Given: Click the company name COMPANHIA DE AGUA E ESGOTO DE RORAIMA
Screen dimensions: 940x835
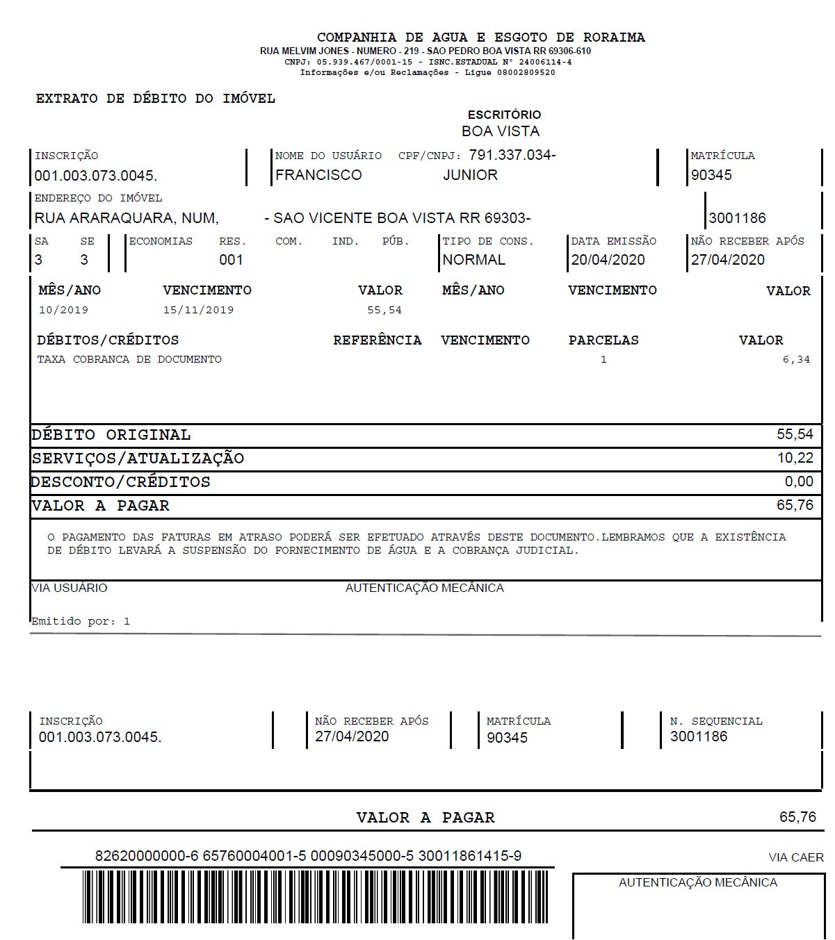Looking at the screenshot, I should click(480, 38).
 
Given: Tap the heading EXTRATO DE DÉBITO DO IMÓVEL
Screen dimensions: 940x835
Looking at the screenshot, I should click(156, 99).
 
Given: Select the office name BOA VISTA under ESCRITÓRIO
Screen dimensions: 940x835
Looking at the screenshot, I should click(500, 131).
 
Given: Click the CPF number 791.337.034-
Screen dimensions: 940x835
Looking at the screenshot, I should click(512, 155).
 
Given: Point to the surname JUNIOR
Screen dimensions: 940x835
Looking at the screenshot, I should click(470, 175).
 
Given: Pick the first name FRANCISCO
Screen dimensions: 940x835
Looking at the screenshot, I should click(318, 175).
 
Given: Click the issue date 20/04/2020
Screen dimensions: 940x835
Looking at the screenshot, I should click(608, 260).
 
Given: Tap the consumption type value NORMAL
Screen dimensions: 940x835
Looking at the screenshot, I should click(473, 260).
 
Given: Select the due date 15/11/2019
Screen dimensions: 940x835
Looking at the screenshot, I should click(198, 310).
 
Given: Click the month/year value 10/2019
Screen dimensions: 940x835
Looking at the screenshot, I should click(63, 310).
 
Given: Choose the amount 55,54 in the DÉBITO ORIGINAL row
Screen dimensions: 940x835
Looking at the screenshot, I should click(795, 435).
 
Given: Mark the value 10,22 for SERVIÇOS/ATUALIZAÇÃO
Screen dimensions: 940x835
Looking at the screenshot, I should click(795, 459).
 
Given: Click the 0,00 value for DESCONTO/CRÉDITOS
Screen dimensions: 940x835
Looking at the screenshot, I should click(799, 481).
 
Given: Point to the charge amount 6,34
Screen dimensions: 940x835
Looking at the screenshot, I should click(796, 360).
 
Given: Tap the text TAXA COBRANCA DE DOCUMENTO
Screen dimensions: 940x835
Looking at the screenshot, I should click(129, 360).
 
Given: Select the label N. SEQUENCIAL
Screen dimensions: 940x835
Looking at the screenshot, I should click(716, 721).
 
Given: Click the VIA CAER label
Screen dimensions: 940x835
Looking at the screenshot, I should click(795, 858).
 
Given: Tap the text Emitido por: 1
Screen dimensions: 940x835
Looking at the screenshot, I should click(81, 621).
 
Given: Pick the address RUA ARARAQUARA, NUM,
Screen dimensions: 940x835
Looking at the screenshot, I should click(127, 218).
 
